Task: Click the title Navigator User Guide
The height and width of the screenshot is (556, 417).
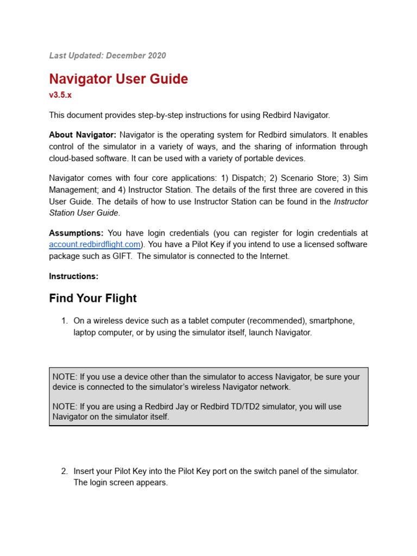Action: (x=118, y=79)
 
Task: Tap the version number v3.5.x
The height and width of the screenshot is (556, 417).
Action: (x=60, y=94)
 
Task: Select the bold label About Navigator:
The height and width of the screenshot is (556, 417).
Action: (x=83, y=135)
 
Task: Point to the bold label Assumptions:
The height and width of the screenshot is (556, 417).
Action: (x=76, y=233)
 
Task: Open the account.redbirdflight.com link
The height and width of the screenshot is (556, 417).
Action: (x=95, y=244)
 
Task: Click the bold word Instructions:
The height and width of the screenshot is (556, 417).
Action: (x=74, y=276)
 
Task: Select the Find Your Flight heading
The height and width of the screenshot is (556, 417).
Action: (x=93, y=299)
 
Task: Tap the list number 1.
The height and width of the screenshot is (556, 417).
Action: (x=64, y=321)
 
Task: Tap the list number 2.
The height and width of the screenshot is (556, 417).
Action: (x=64, y=471)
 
